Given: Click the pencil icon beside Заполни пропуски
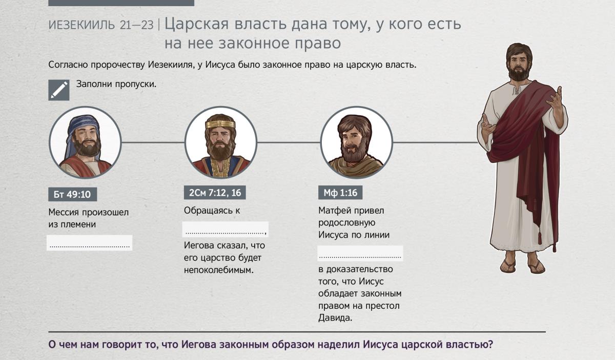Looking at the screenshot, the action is pyautogui.click(x=59, y=90).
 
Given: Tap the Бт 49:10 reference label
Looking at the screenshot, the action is pyautogui.click(x=72, y=194).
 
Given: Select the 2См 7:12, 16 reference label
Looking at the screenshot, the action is pyautogui.click(x=215, y=193).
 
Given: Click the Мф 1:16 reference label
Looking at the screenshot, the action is pyautogui.click(x=340, y=193).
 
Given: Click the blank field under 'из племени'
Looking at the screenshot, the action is pyautogui.click(x=90, y=243).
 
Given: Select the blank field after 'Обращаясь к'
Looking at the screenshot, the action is pyautogui.click(x=225, y=229).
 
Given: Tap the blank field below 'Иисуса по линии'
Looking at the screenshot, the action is pyautogui.click(x=360, y=253).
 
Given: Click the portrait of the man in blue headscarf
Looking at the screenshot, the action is pyautogui.click(x=85, y=142).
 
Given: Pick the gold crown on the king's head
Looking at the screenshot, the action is pyautogui.click(x=220, y=124).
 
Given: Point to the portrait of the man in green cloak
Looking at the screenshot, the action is pyautogui.click(x=356, y=142).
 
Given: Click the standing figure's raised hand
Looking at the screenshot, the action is pyautogui.click(x=555, y=99).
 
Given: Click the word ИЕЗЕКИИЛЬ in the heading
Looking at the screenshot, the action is pyautogui.click(x=81, y=25).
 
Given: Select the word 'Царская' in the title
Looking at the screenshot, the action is pyautogui.click(x=196, y=24).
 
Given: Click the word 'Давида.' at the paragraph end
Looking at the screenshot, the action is pyautogui.click(x=335, y=317).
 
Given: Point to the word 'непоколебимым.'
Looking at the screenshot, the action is pyautogui.click(x=218, y=270).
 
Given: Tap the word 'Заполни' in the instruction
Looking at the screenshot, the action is pyautogui.click(x=94, y=83).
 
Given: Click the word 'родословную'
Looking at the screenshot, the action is pyautogui.click(x=347, y=223).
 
